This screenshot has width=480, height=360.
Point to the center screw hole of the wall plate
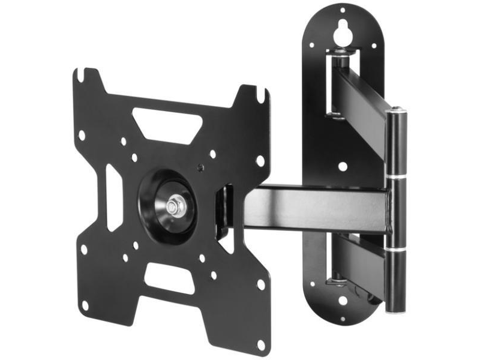click(342, 166)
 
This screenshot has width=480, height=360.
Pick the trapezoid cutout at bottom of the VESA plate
click(170, 278)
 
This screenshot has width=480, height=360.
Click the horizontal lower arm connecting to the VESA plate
click(318, 207)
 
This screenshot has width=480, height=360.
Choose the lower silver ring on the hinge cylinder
click(395, 246)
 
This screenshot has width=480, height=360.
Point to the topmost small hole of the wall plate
click(343, 10)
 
